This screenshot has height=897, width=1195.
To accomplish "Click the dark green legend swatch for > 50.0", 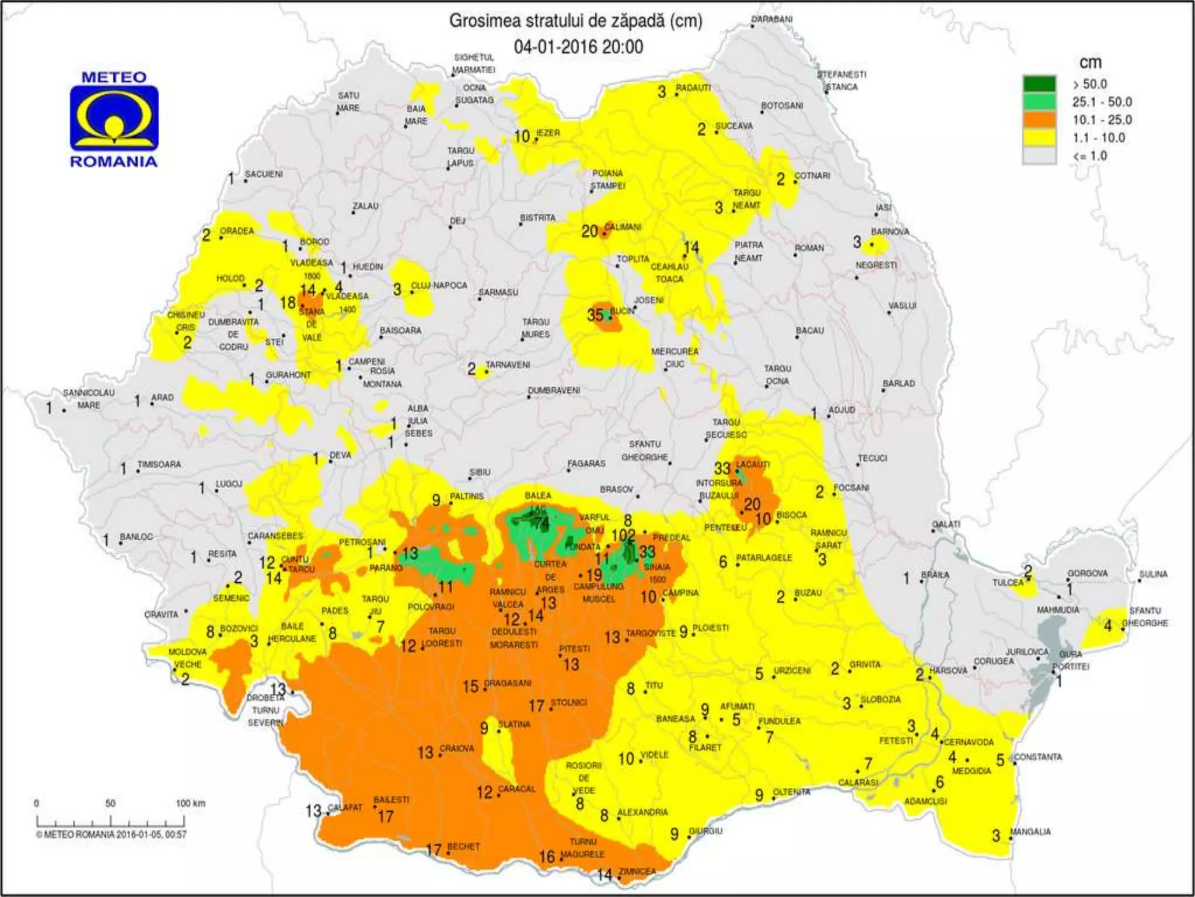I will click(1039, 84).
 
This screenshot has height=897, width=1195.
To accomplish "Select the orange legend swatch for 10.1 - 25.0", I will click(1039, 120).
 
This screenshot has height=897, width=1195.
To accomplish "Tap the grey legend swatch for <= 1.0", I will click(1039, 155).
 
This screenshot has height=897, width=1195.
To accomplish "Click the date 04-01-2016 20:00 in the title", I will click(578, 47).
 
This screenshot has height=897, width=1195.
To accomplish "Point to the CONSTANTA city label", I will click(1037, 757).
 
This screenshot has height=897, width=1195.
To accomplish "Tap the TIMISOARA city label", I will click(159, 464).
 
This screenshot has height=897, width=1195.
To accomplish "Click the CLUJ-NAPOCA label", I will click(439, 286).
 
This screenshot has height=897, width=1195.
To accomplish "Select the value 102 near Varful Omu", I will click(623, 536).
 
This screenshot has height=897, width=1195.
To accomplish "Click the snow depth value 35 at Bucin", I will click(595, 315).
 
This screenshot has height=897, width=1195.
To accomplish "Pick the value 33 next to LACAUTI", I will click(722, 468).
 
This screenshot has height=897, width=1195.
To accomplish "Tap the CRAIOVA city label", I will click(457, 748).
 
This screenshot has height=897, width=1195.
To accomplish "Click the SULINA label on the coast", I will click(1153, 574).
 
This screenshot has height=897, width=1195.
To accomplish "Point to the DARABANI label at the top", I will click(771, 19).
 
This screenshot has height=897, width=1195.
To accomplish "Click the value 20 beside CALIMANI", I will click(589, 232).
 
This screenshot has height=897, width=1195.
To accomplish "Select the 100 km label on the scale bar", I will click(190, 804).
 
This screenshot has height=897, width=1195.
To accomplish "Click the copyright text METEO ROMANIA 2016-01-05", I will click(111, 835).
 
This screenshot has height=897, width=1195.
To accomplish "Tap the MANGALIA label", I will click(1030, 832).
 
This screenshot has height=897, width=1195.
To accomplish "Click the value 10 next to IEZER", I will click(522, 137).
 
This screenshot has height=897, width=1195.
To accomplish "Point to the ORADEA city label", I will click(236, 231).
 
